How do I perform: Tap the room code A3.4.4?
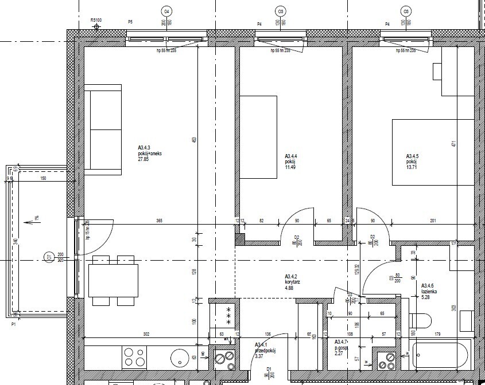[x=291, y=156]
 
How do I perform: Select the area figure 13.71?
[x=413, y=166]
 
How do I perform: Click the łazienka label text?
[x=429, y=291]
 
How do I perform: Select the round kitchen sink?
[x=179, y=357]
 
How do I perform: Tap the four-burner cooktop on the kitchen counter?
[x=135, y=357]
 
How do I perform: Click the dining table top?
[x=114, y=280]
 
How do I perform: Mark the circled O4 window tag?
[x=166, y=11]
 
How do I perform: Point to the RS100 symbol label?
[x=96, y=19]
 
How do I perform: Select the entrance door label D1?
[x=269, y=370]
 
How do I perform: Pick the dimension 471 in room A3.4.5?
[x=453, y=144]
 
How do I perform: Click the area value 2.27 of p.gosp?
[x=340, y=353]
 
